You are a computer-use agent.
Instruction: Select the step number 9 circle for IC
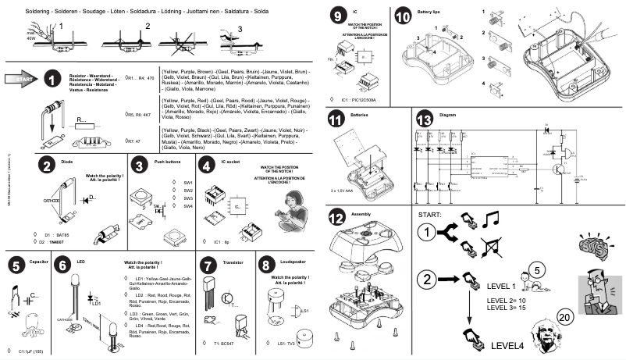(x=336, y=16)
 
